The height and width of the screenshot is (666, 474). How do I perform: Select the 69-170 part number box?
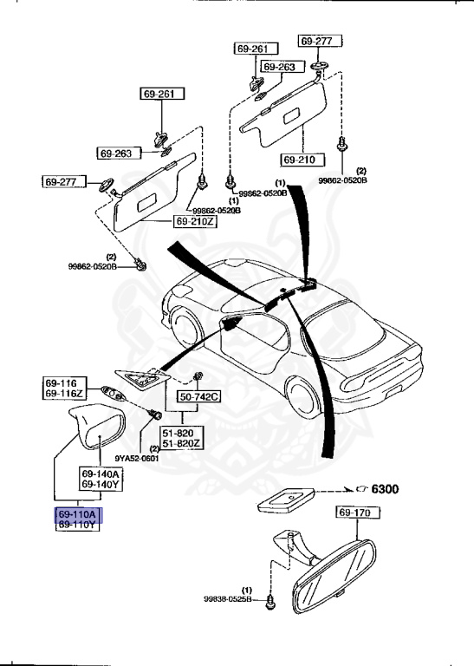click(355, 514)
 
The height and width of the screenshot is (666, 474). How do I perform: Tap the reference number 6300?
click(385, 489)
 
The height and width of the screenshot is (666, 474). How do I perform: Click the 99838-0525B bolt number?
click(226, 599)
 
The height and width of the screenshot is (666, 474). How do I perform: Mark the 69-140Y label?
click(101, 486)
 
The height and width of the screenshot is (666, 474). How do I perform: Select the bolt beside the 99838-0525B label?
click(269, 599)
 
